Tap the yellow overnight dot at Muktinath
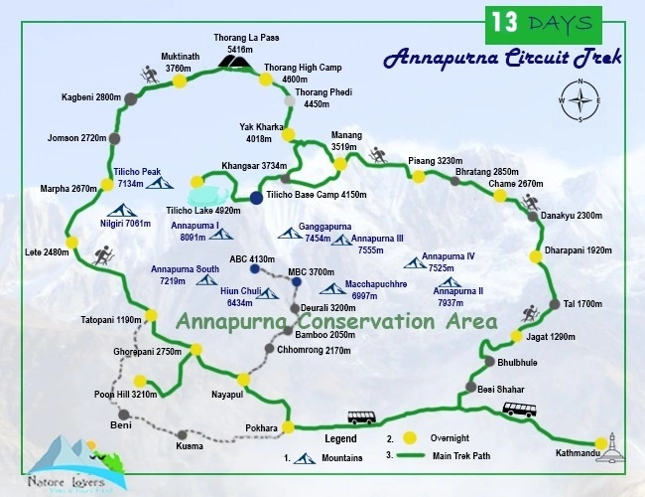tap(180, 82)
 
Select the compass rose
tap(580, 101)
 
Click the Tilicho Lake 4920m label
tap(203, 211)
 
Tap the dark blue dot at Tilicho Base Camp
tap(256, 198)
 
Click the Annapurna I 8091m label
tap(195, 231)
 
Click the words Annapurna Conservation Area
tap(336, 322)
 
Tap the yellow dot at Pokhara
tap(289, 427)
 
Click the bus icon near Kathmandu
tap(521, 410)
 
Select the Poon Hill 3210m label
tap(125, 395)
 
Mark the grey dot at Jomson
tap(115, 138)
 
